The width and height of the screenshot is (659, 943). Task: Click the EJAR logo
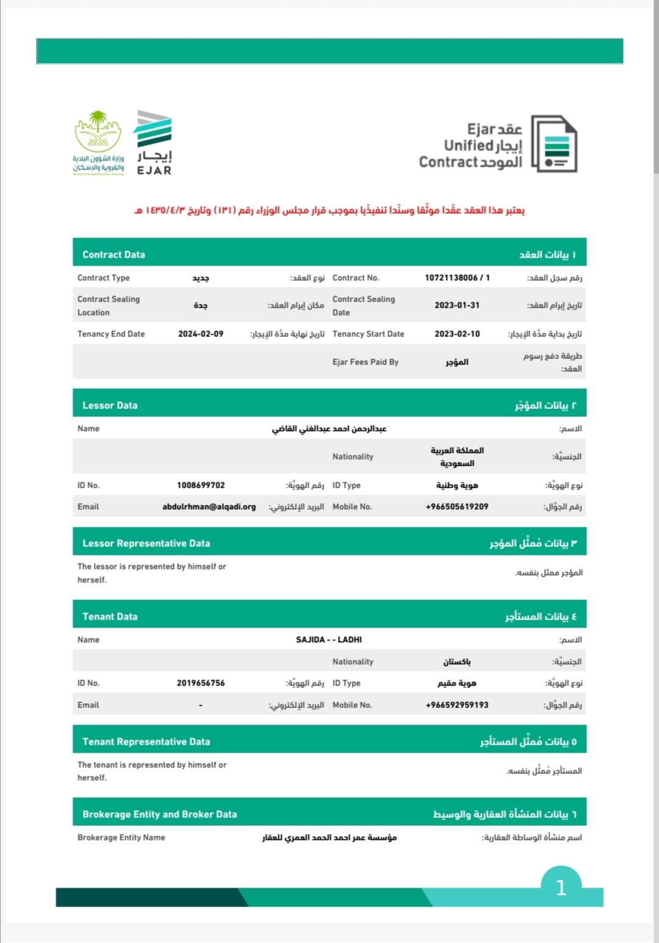(x=154, y=143)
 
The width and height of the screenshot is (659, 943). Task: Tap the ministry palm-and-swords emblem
(x=98, y=131)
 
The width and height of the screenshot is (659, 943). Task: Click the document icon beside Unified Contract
(x=554, y=143)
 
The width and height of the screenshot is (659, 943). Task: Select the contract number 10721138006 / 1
(x=457, y=278)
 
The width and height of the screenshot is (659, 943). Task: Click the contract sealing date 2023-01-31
(x=457, y=305)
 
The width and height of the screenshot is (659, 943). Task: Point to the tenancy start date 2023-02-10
(x=457, y=334)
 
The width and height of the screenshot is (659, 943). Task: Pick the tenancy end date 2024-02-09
(x=201, y=334)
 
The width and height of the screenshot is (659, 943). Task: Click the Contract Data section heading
(x=114, y=255)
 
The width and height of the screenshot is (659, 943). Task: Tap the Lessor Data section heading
(x=110, y=405)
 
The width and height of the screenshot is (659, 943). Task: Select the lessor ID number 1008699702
(x=201, y=485)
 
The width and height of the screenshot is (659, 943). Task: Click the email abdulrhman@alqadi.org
(x=209, y=507)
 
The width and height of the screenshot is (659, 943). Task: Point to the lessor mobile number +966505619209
(x=457, y=507)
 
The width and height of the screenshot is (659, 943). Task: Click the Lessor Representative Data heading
(x=146, y=543)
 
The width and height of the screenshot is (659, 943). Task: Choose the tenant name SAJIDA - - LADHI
(x=329, y=640)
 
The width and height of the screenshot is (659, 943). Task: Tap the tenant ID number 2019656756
(x=201, y=683)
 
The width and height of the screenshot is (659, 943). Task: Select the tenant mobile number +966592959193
(x=457, y=705)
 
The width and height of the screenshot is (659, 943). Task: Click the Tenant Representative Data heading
(x=146, y=742)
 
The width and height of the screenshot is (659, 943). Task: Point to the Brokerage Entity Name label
(x=121, y=837)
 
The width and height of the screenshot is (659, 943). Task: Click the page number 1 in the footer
(x=561, y=887)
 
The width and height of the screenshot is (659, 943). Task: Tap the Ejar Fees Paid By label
(x=366, y=362)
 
